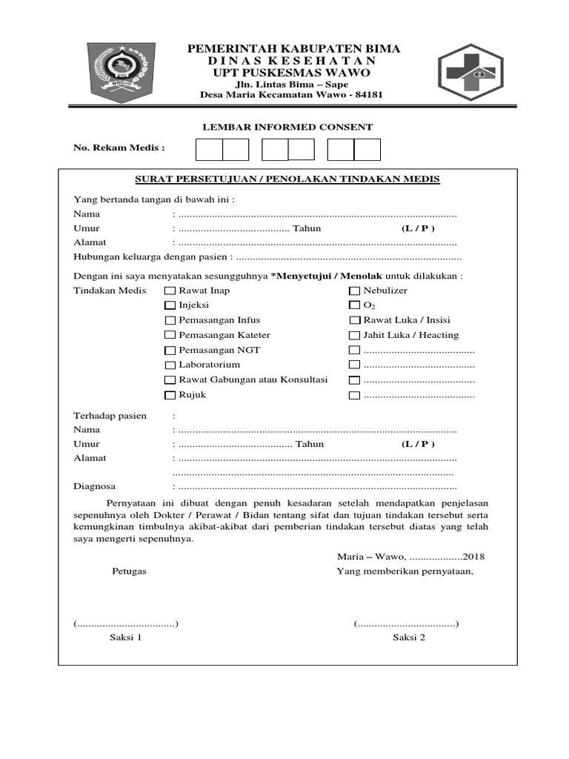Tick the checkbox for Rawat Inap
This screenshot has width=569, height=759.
click(x=170, y=291)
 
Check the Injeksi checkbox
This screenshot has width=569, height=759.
click(x=170, y=305)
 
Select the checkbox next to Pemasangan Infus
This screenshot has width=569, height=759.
click(x=170, y=321)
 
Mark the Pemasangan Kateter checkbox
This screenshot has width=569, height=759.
click(x=170, y=336)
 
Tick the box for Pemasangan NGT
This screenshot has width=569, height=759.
click(x=170, y=351)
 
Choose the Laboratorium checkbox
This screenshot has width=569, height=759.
click(x=170, y=365)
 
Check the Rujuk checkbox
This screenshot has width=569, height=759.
click(x=170, y=395)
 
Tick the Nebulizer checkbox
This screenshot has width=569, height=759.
click(x=354, y=291)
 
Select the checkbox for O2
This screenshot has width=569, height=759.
click(x=354, y=305)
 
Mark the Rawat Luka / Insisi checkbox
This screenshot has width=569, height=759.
click(x=354, y=321)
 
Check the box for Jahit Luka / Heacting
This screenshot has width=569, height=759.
click(x=354, y=336)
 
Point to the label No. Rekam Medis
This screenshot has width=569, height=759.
click(x=119, y=148)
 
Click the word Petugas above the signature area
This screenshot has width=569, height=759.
click(x=129, y=571)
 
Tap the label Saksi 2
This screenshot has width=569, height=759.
click(x=409, y=637)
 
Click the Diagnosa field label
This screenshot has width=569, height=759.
click(x=94, y=487)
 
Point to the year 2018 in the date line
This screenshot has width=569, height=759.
click(x=473, y=557)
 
